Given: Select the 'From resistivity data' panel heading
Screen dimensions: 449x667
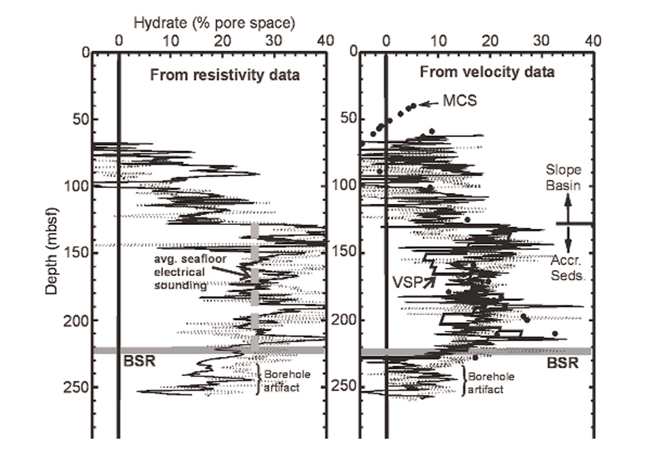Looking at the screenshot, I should (x=225, y=75).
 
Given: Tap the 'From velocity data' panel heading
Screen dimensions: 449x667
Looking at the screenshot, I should (x=488, y=72).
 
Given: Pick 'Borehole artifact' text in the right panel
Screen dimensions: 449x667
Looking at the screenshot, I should (x=491, y=383).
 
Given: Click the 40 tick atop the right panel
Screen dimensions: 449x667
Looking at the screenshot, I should (x=592, y=41).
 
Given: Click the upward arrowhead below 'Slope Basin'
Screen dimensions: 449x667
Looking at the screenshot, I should (x=568, y=203).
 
